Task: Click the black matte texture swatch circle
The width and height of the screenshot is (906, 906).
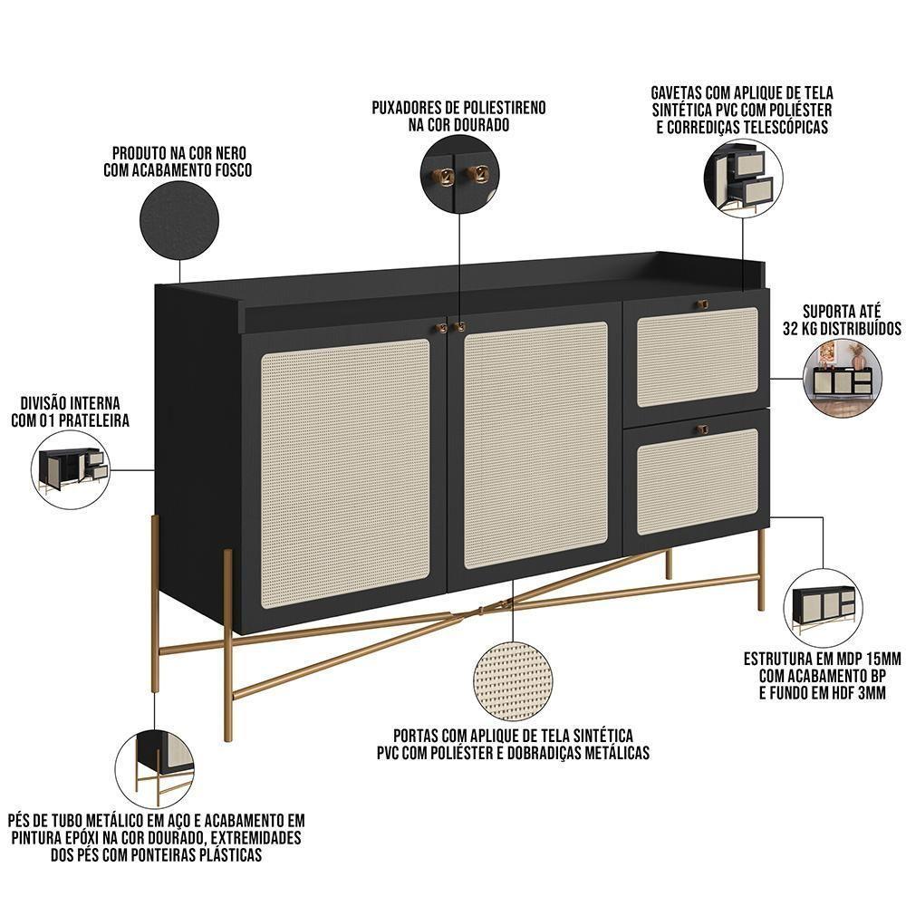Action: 179,221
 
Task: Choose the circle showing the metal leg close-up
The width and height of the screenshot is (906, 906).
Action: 155,769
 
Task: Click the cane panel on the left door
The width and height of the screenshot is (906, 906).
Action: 344,473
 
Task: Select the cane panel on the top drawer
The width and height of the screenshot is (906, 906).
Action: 697,356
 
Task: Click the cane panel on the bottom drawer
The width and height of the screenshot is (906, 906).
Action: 697,481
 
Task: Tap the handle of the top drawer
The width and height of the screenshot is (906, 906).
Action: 700,304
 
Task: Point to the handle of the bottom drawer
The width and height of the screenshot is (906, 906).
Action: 701,428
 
